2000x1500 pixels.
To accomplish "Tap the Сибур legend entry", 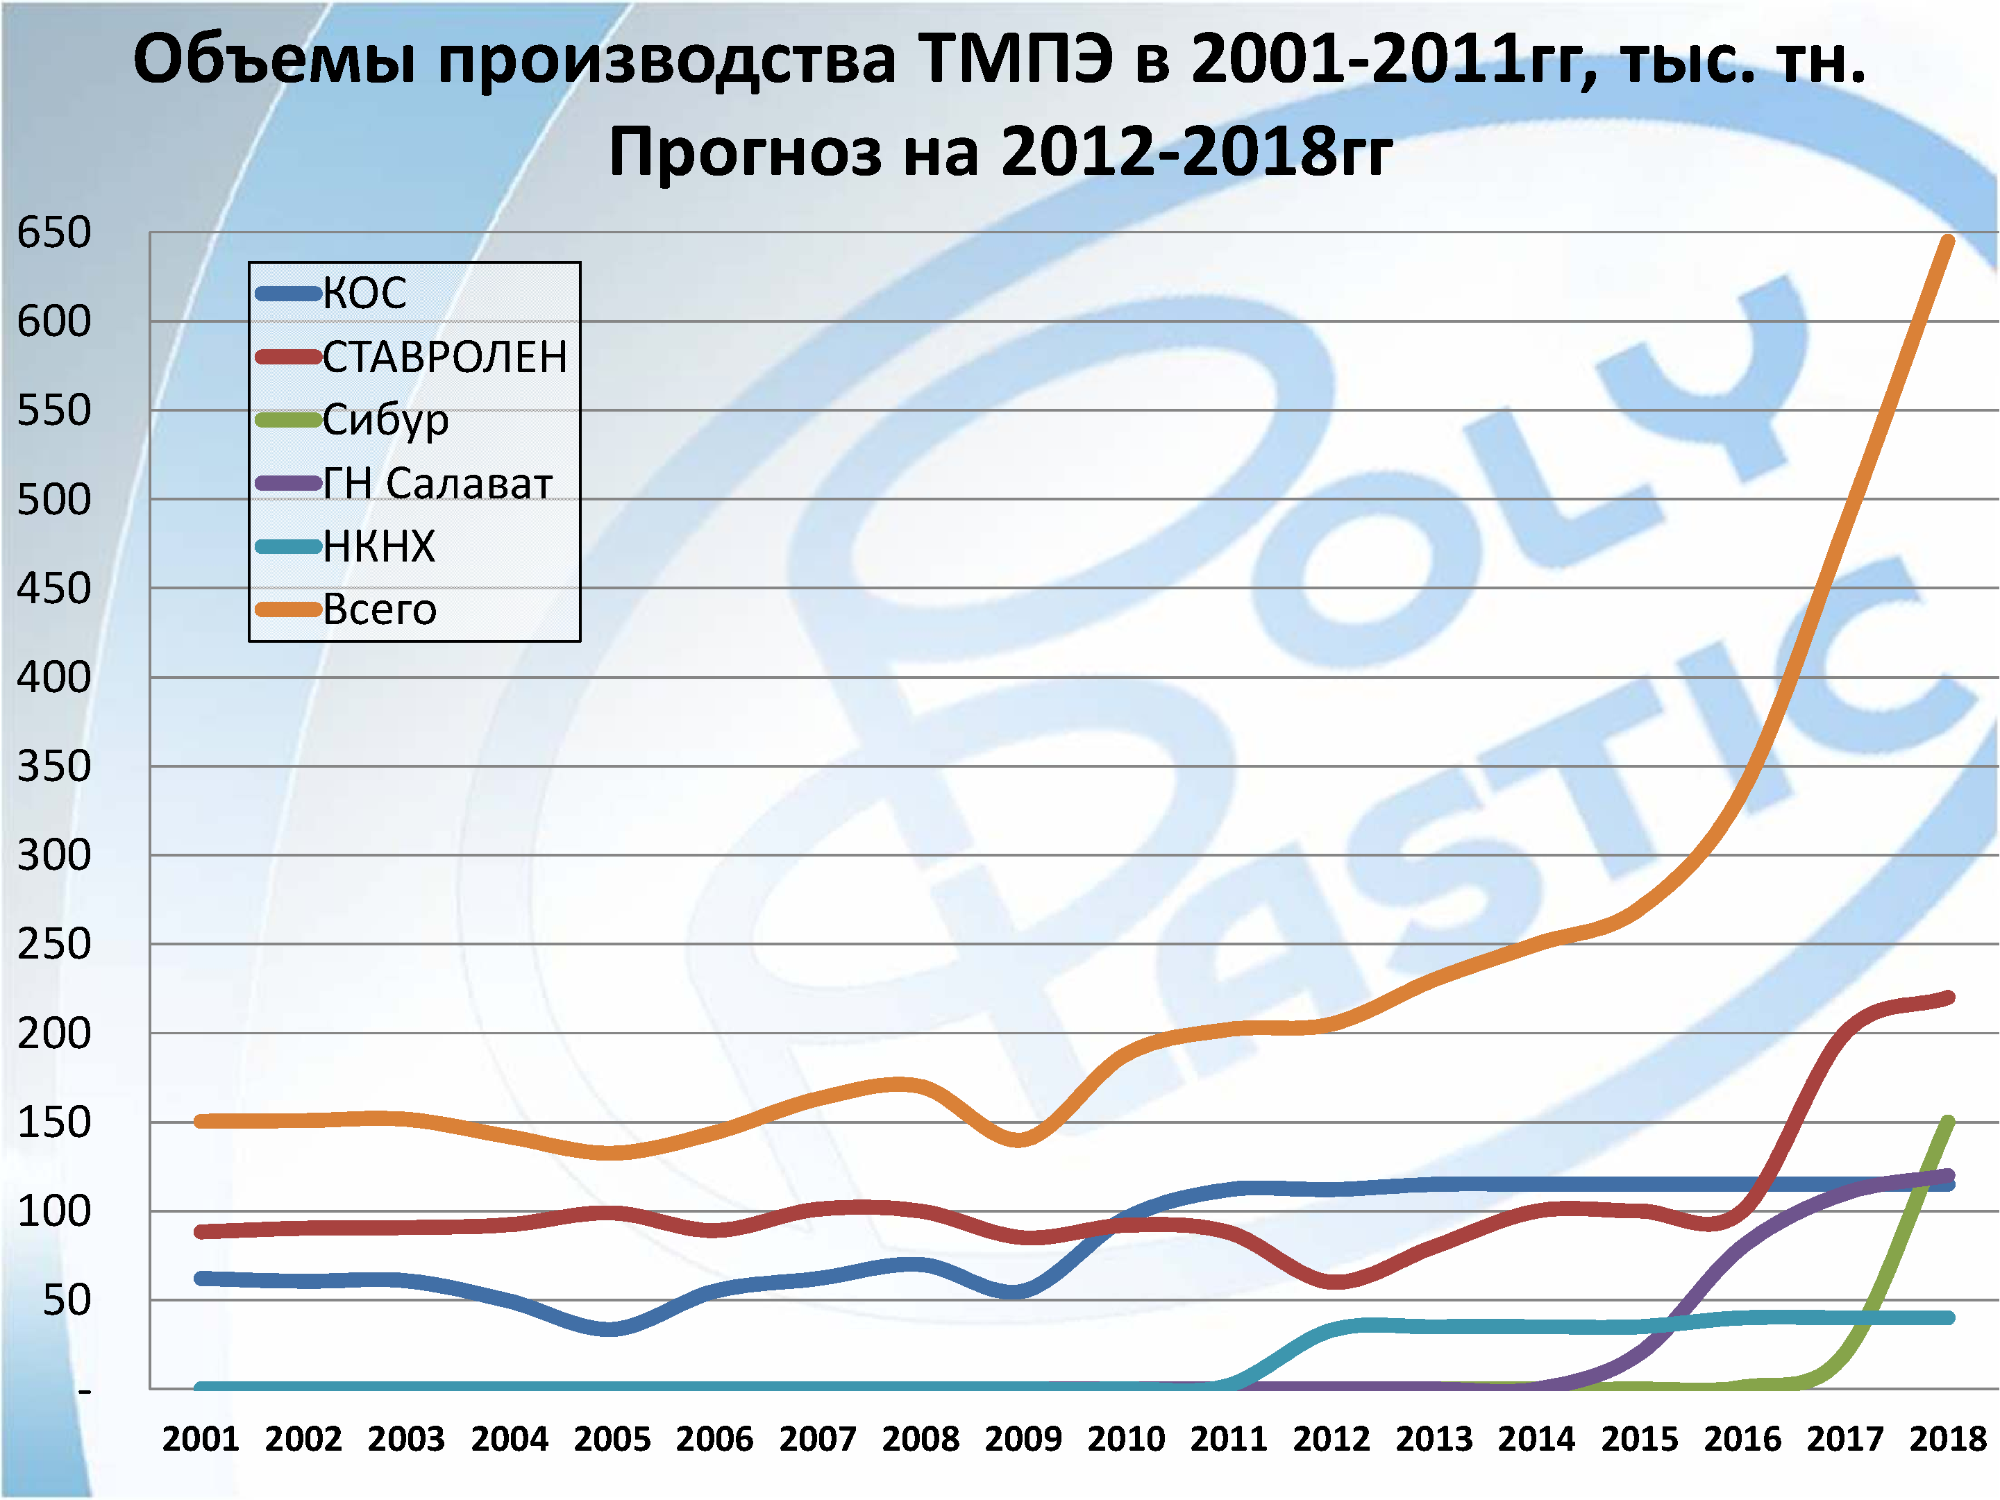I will point(385,419).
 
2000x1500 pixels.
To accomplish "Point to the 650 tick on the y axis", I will point(54,233).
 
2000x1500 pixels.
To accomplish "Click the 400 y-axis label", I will point(54,677).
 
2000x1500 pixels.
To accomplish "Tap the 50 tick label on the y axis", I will point(66,1300).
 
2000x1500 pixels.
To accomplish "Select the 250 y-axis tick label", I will point(54,944).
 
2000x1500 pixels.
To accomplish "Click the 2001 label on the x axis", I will point(200,1438).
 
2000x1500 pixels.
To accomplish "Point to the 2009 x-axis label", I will point(1023,1438).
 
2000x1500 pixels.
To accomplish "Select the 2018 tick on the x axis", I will point(1947,1438).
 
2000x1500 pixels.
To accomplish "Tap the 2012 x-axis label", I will point(1331,1438).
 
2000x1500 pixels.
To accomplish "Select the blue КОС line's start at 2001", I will point(201,1279).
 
